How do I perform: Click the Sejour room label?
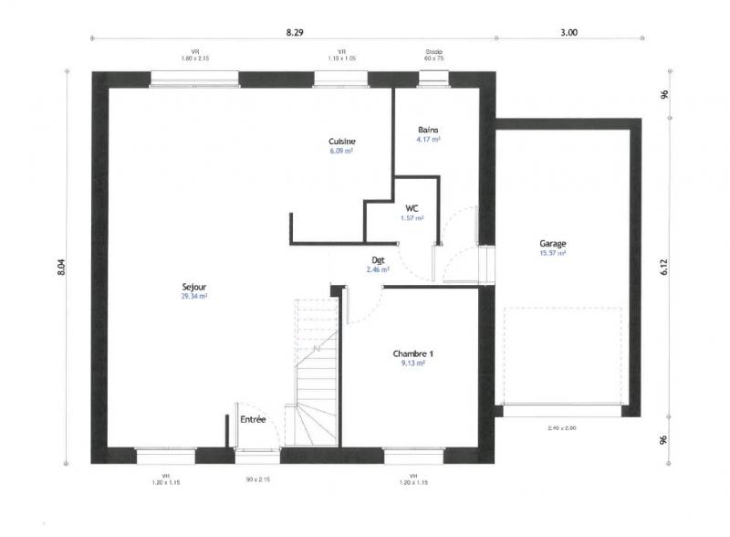pyautogui.click(x=193, y=287)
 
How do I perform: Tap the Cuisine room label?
pyautogui.click(x=342, y=142)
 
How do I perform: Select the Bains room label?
pyautogui.click(x=429, y=130)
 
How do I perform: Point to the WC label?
pyautogui.click(x=412, y=208)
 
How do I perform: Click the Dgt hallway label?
pyautogui.click(x=378, y=260)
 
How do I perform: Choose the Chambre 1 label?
pyautogui.click(x=412, y=353)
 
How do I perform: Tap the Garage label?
pyautogui.click(x=553, y=244)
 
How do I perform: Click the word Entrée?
pyautogui.click(x=253, y=420)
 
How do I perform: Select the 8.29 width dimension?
pyautogui.click(x=294, y=32)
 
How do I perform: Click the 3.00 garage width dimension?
pyautogui.click(x=568, y=32)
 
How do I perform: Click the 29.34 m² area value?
pyautogui.click(x=193, y=297)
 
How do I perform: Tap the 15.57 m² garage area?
pyautogui.click(x=553, y=253)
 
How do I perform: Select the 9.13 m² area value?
pyautogui.click(x=413, y=363)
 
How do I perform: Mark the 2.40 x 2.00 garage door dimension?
pyautogui.click(x=562, y=428)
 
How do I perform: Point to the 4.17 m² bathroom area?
pyautogui.click(x=429, y=140)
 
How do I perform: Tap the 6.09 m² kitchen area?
pyautogui.click(x=341, y=152)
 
